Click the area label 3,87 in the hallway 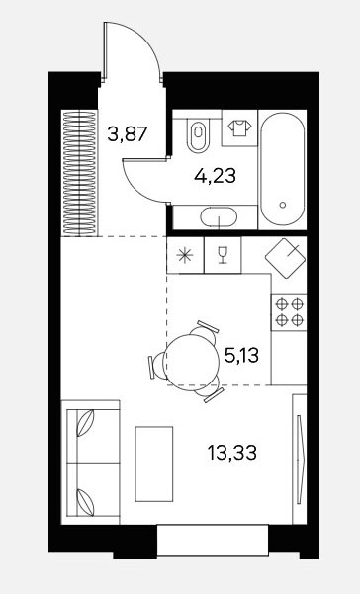pos(127,133)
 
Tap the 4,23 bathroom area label pos(215,175)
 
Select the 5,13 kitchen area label pos(241,356)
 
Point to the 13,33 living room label pos(231,453)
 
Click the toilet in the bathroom pos(198,133)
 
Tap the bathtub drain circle pos(282,205)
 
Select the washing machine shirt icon pos(239,128)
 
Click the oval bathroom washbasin pos(219,217)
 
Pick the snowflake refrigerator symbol pos(185,255)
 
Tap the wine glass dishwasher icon pos(223,255)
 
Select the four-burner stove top pos(289,312)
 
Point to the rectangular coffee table pos(154,464)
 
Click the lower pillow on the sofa pos(85,502)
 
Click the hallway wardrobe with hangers pos(79,173)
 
